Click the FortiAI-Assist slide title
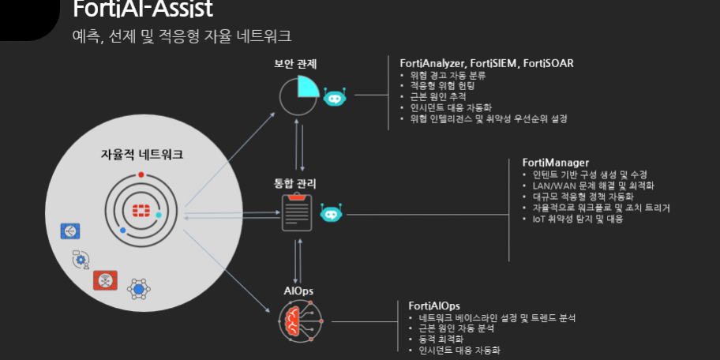pyautogui.click(x=142, y=9)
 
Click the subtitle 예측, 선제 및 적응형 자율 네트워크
pyautogui.click(x=181, y=36)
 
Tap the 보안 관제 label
pyautogui.click(x=295, y=63)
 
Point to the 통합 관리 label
pyautogui.click(x=295, y=183)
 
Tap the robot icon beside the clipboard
pyautogui.click(x=332, y=213)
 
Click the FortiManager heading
pyautogui.click(x=556, y=163)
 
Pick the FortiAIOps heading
pyautogui.click(x=434, y=306)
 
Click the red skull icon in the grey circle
pyautogui.click(x=105, y=279)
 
